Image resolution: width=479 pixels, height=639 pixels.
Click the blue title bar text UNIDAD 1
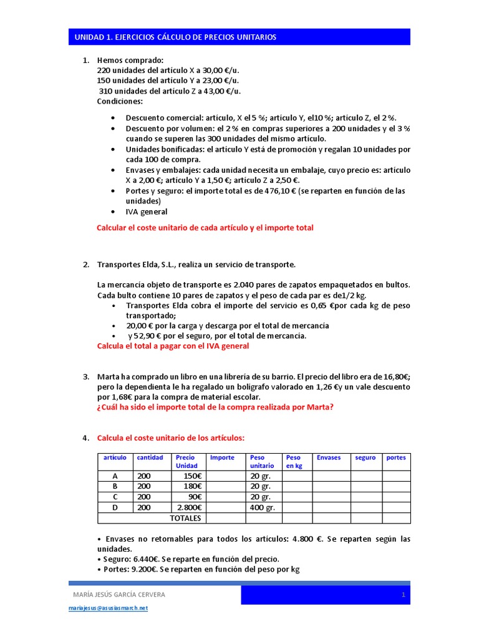(x=175, y=37)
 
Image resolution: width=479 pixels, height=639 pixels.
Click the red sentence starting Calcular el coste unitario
(x=205, y=228)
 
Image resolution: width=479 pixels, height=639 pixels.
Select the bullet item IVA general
(x=147, y=212)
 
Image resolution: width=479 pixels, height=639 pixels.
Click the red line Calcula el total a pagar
(x=173, y=346)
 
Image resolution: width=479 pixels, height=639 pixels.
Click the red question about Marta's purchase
(x=215, y=407)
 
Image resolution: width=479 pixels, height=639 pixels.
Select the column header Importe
(x=222, y=457)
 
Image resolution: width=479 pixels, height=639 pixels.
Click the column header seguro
(x=365, y=457)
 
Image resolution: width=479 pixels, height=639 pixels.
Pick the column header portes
(x=395, y=457)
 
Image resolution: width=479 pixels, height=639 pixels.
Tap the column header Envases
(x=329, y=457)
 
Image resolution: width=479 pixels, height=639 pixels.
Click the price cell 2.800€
(x=189, y=507)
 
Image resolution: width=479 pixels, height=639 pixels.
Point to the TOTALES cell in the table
(x=185, y=518)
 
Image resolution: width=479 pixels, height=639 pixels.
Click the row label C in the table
(x=115, y=497)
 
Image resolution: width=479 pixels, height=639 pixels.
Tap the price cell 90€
(x=193, y=497)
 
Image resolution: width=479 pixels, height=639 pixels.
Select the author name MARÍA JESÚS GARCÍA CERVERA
(x=120, y=595)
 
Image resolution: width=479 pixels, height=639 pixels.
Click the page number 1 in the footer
(x=404, y=595)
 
